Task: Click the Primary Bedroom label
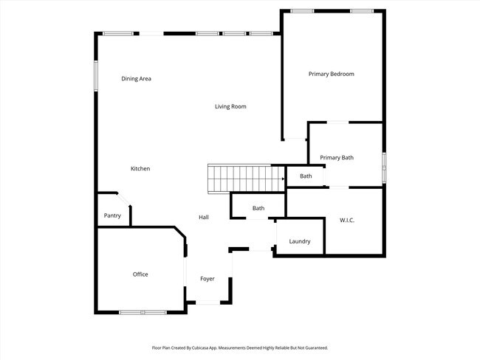332,74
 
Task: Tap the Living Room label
230,106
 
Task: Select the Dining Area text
136,79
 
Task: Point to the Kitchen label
140,168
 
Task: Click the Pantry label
112,215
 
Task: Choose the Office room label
140,274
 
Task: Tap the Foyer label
208,279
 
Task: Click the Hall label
204,217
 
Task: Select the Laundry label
300,241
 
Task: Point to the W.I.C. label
347,221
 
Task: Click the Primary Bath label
337,158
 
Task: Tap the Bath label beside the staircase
306,176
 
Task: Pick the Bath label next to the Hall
258,208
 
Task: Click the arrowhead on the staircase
283,179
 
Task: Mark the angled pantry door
124,199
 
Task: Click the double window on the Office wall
143,312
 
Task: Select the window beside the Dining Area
96,76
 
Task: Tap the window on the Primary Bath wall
384,167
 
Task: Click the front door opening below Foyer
208,302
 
